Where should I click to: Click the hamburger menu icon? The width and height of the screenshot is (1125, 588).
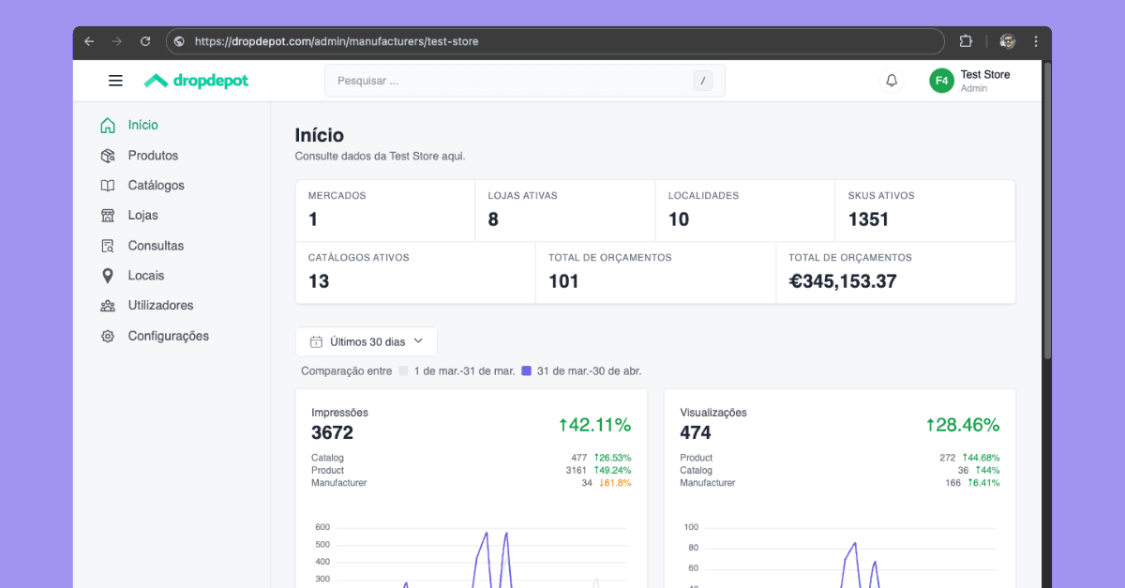point(115,81)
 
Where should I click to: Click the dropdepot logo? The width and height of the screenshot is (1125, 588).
point(197,81)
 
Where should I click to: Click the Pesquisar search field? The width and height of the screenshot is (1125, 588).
point(511,81)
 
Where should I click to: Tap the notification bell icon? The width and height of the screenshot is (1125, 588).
point(892,81)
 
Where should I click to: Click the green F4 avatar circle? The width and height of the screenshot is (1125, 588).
point(941,81)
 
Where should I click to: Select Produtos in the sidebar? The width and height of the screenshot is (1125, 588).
point(153,156)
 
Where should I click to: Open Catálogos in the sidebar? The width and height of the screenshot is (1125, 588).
point(156,186)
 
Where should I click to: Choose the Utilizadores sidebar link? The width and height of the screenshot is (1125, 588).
point(160,306)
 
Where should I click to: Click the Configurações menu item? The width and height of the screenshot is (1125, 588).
point(168,336)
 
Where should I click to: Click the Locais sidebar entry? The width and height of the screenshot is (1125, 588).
point(145,276)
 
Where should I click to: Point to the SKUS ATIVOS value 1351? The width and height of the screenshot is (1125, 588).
point(868,219)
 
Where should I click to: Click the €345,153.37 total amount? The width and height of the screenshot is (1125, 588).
point(842,281)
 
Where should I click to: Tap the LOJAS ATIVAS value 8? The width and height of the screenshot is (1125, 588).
point(493,219)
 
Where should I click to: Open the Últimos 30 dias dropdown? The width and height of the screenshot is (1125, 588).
point(367,341)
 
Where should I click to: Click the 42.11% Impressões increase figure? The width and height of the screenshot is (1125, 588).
point(594,425)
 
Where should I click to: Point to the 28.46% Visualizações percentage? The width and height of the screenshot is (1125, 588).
point(963,425)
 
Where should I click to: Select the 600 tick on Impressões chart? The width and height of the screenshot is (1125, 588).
point(322,527)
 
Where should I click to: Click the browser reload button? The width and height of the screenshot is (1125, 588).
point(145,41)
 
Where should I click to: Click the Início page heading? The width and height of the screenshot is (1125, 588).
point(319,136)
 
